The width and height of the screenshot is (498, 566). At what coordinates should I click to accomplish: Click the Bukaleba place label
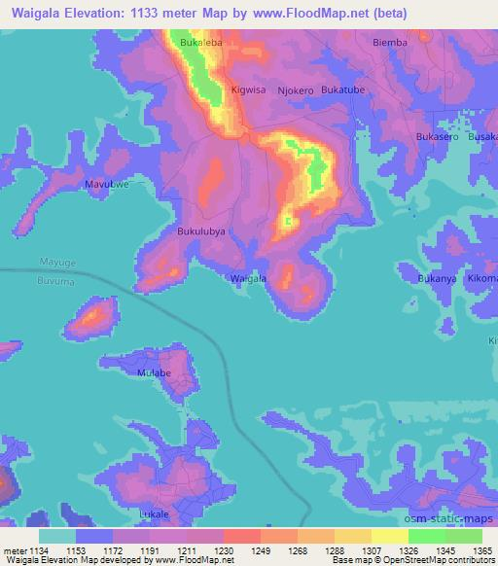tap(201, 44)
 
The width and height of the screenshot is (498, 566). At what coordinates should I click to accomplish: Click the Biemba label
tap(390, 43)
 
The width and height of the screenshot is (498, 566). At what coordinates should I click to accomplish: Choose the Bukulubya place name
tap(201, 231)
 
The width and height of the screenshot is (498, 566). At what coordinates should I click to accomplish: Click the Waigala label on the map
tap(248, 279)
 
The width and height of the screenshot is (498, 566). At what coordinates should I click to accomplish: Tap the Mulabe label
tap(155, 372)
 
